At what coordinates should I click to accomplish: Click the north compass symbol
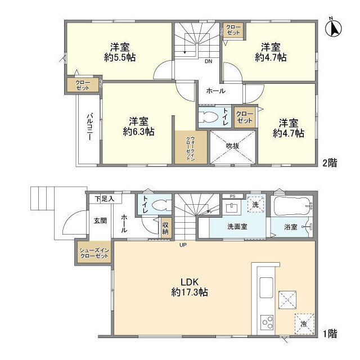(x=334, y=27)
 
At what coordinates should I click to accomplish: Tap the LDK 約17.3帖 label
(x=190, y=287)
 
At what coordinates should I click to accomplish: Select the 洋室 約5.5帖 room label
(x=120, y=52)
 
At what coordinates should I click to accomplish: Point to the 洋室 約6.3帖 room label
(x=138, y=127)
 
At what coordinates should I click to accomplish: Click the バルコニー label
(x=90, y=127)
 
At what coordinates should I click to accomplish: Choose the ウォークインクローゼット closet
(x=191, y=147)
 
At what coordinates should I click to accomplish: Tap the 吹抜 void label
(x=232, y=146)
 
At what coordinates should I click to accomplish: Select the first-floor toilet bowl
(x=162, y=205)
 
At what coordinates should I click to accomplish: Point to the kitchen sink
(x=266, y=287)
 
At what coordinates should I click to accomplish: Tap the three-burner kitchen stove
(x=267, y=322)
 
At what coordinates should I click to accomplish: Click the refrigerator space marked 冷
(x=304, y=324)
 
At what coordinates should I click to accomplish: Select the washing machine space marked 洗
(x=255, y=204)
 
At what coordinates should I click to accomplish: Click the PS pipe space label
(x=232, y=196)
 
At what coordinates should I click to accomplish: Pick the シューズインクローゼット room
(x=94, y=253)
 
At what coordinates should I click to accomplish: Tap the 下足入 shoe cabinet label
(x=105, y=199)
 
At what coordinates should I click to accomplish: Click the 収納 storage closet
(x=165, y=228)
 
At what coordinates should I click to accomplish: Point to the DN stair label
(x=209, y=61)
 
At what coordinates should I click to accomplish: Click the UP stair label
(x=183, y=245)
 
